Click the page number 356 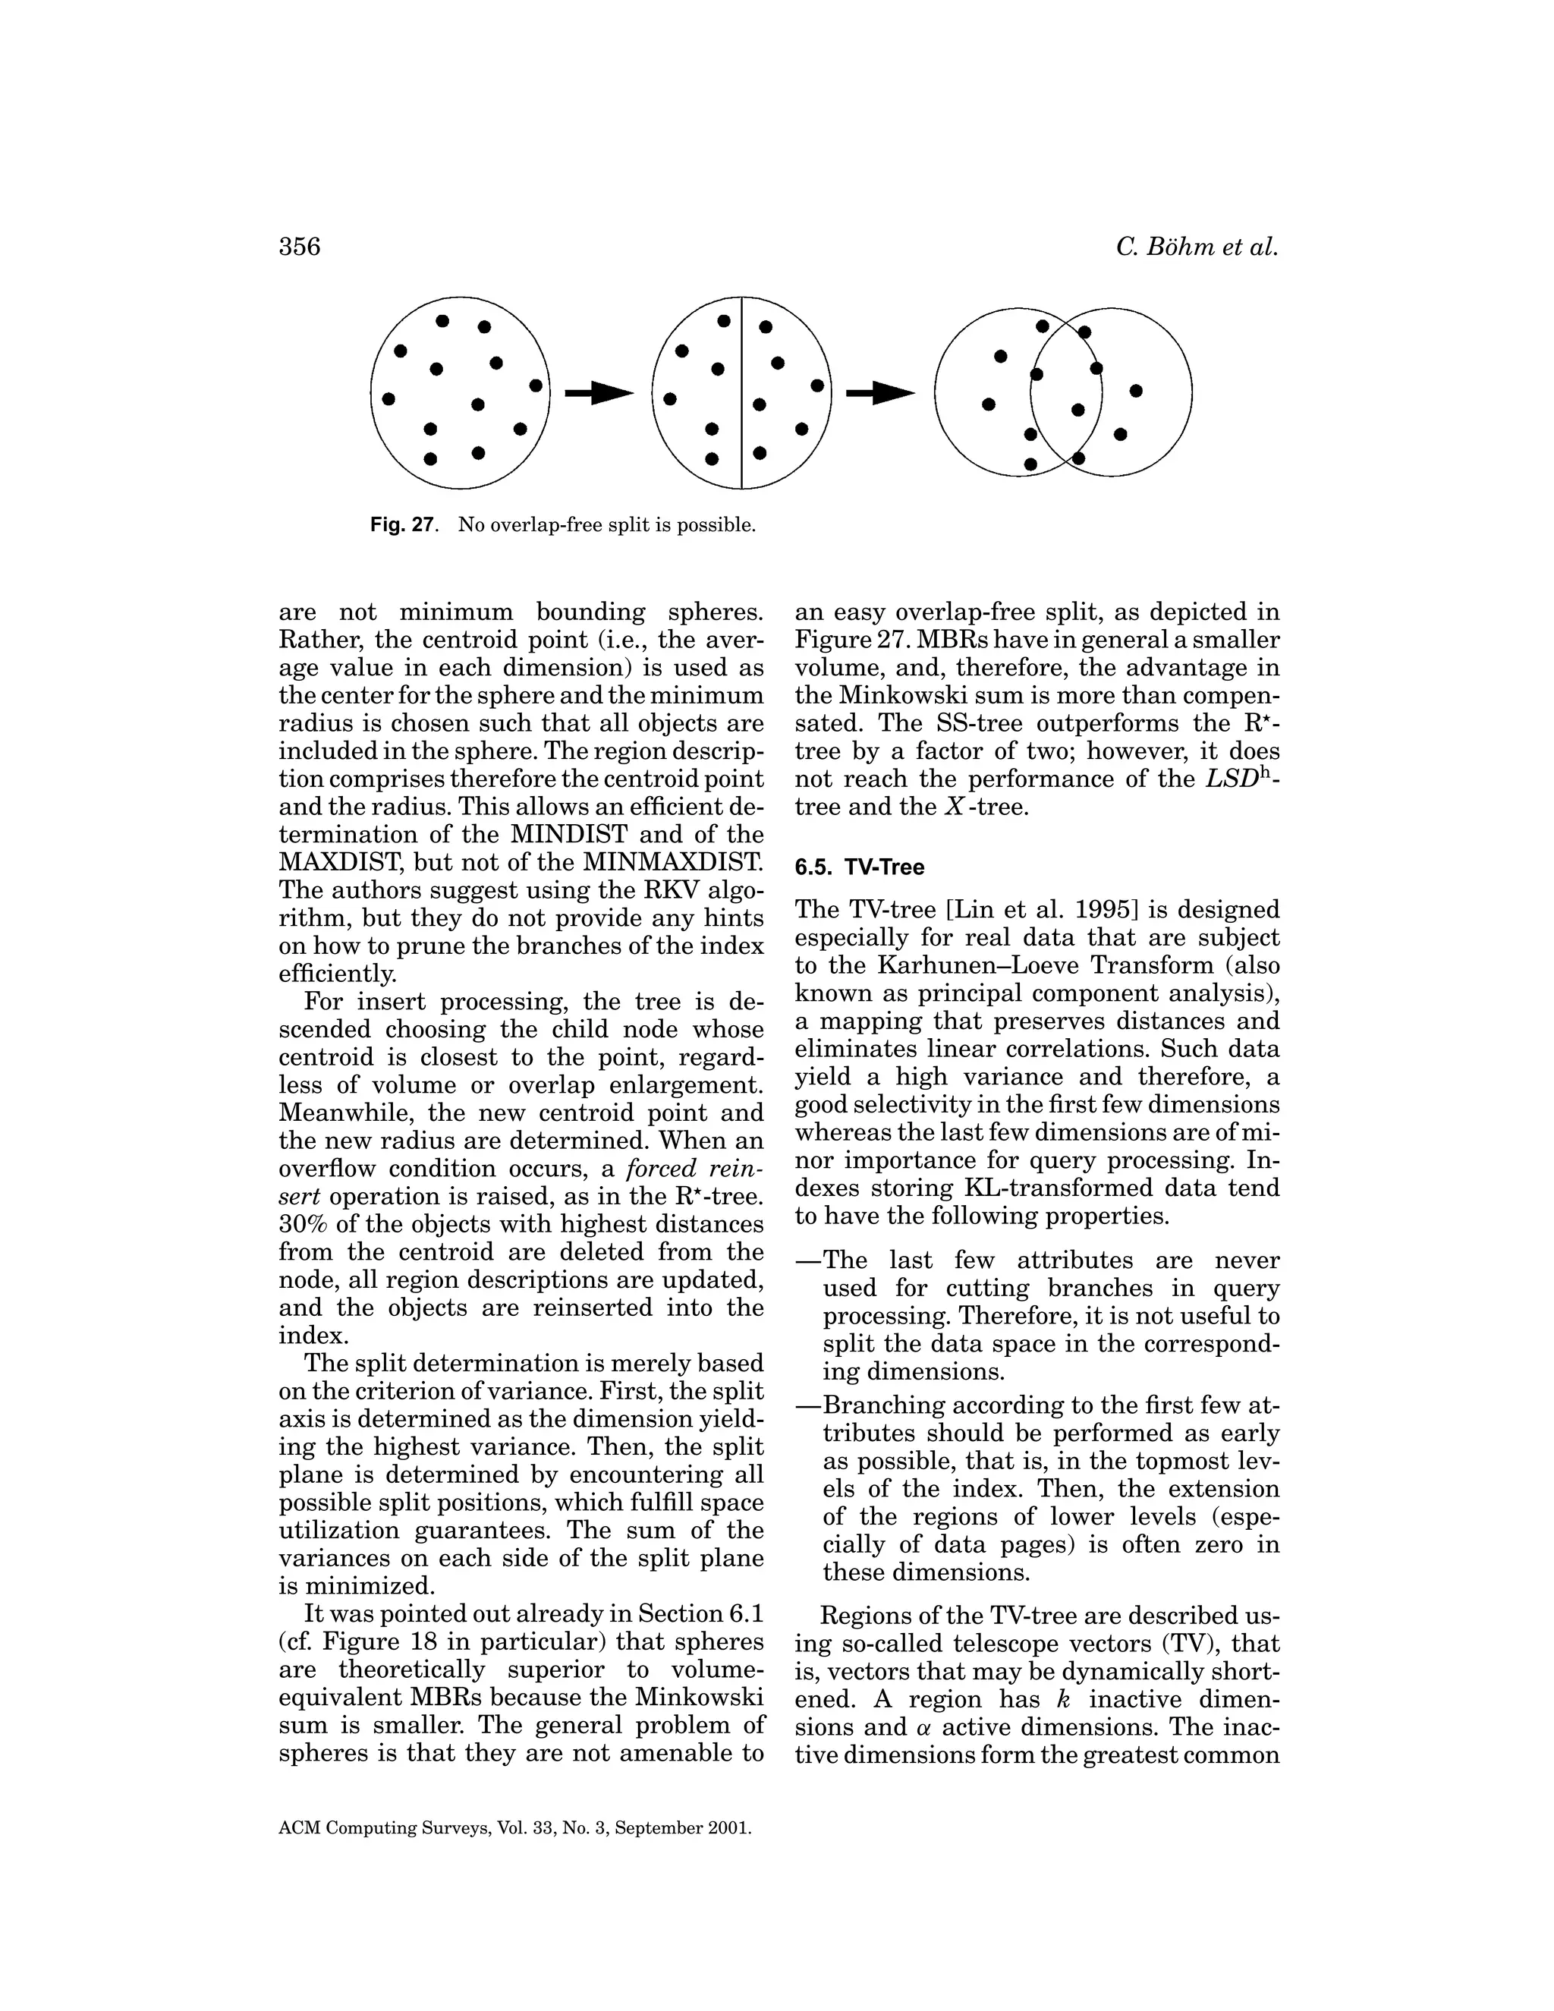point(299,247)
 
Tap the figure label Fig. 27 point(401,526)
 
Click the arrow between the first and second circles point(599,394)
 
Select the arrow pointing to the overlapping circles point(881,394)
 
